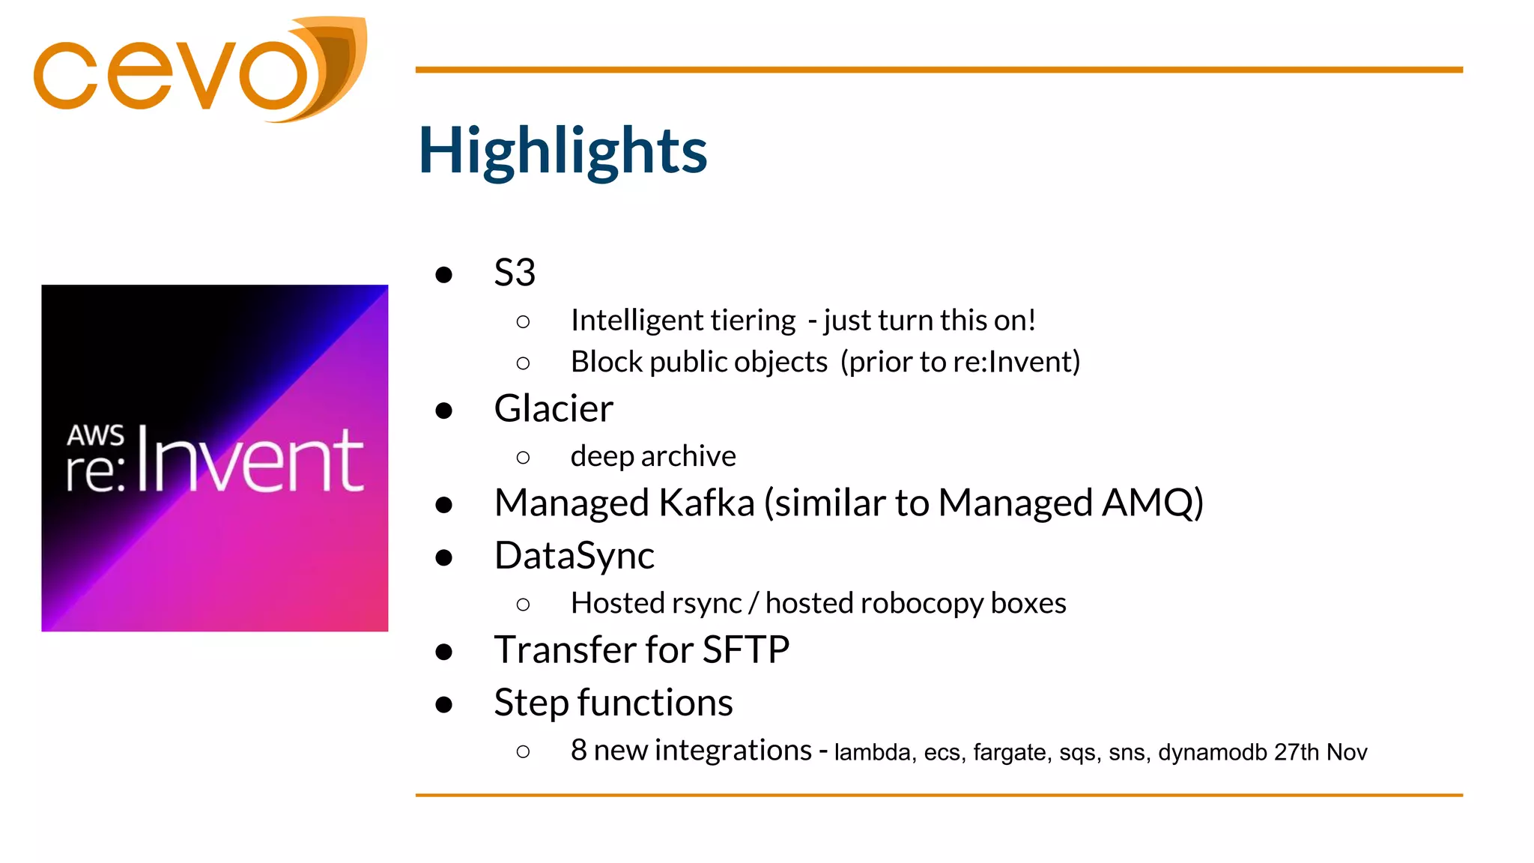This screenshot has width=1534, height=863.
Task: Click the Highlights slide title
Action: click(562, 151)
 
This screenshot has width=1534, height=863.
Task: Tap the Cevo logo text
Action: click(172, 75)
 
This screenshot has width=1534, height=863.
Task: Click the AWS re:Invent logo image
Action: click(215, 458)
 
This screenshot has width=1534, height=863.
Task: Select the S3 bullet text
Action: click(515, 273)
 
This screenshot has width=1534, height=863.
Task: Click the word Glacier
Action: click(554, 409)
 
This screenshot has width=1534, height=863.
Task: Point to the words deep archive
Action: click(653, 456)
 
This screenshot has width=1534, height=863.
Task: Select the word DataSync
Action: click(574, 556)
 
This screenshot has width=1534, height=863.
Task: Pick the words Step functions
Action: click(613, 703)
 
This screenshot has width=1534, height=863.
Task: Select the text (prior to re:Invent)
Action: click(960, 363)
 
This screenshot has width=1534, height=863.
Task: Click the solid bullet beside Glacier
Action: click(444, 411)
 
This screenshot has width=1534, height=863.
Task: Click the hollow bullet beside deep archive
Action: click(523, 458)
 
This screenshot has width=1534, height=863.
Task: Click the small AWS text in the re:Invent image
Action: click(95, 435)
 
